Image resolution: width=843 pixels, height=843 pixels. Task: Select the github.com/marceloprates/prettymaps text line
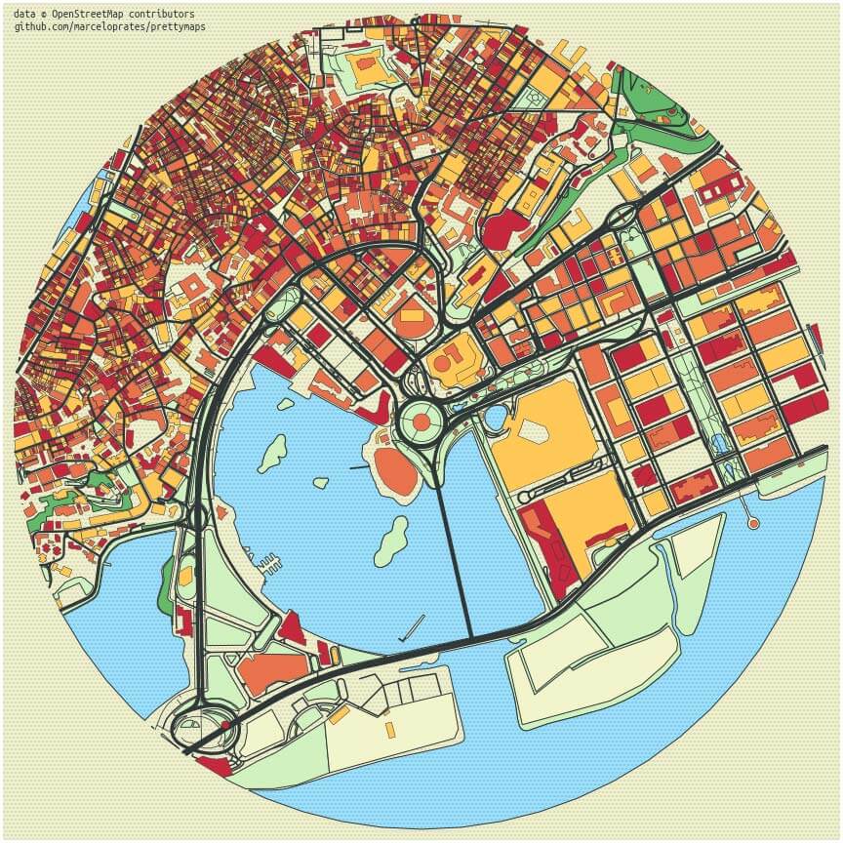(x=109, y=26)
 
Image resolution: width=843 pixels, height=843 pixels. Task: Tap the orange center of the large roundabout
(x=421, y=422)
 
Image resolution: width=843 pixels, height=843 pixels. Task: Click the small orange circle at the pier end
(x=752, y=524)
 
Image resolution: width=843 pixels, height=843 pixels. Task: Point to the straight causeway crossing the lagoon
(x=454, y=556)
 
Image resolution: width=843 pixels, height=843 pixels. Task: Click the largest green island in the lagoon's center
(x=391, y=541)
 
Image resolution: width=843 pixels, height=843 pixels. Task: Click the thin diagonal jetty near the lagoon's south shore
(x=413, y=624)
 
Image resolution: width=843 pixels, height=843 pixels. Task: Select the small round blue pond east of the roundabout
(x=496, y=419)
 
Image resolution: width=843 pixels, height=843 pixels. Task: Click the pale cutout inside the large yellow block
(x=536, y=430)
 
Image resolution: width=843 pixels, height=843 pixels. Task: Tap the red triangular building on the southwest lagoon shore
(x=292, y=627)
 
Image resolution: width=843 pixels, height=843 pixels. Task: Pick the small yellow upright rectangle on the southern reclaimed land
(x=390, y=729)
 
